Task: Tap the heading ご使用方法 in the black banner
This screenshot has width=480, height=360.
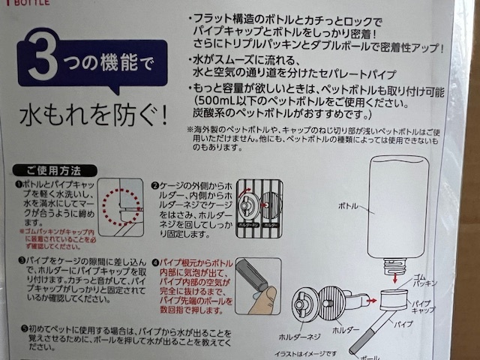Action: [52, 170]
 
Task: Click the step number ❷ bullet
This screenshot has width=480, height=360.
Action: [153, 184]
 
